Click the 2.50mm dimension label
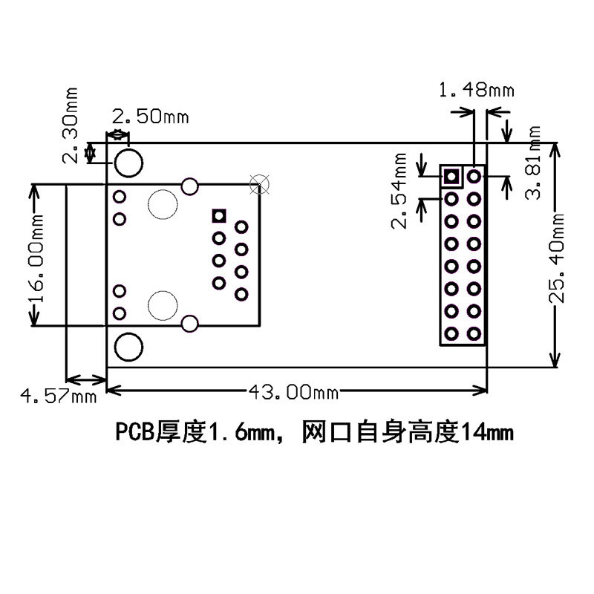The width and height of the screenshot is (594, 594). (x=150, y=117)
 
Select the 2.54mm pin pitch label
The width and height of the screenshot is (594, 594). (x=400, y=192)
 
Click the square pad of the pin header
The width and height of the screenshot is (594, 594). (x=450, y=177)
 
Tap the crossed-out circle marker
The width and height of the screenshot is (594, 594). (x=260, y=182)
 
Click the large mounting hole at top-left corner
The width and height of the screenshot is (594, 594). (x=129, y=163)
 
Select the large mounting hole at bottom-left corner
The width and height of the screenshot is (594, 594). (x=129, y=347)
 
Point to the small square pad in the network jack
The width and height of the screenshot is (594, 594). (x=218, y=215)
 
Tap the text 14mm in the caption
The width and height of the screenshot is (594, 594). (x=487, y=431)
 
